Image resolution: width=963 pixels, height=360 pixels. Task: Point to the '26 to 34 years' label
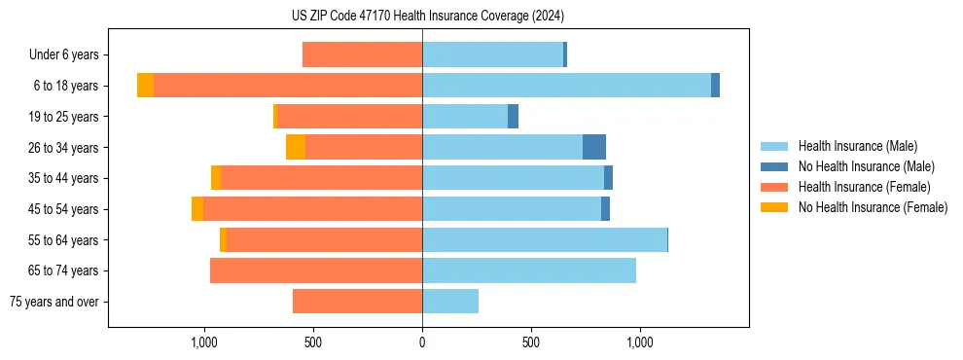pyautogui.click(x=65, y=147)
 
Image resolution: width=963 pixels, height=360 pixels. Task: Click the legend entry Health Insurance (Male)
pyautogui.click(x=857, y=146)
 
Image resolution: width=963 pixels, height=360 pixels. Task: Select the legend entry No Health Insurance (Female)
pyautogui.click(x=873, y=207)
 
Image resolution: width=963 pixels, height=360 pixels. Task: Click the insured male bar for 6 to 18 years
pyautogui.click(x=566, y=86)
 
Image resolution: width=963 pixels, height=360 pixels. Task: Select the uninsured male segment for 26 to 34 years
pyautogui.click(x=594, y=147)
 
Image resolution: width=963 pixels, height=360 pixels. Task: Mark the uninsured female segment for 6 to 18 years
pyautogui.click(x=145, y=86)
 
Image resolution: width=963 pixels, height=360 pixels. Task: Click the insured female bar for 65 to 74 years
pyautogui.click(x=316, y=270)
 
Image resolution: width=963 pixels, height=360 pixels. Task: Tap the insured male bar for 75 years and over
pyautogui.click(x=450, y=302)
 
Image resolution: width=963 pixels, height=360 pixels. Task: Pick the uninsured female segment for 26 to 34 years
pyautogui.click(x=296, y=147)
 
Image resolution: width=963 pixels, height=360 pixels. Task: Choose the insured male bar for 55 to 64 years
pyautogui.click(x=545, y=239)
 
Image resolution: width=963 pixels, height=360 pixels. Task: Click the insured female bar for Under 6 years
pyautogui.click(x=362, y=54)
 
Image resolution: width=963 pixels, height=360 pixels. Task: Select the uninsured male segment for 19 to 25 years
pyautogui.click(x=513, y=117)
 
